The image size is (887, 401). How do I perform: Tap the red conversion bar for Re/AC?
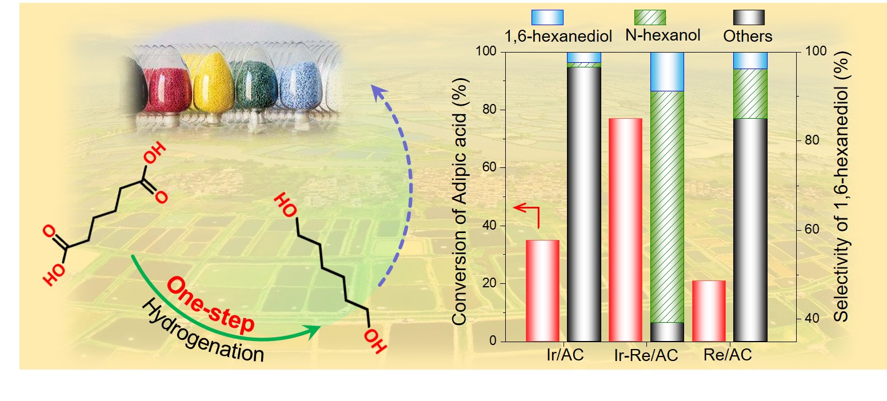tap(709, 311)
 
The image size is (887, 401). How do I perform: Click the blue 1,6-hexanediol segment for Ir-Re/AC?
tap(667, 71)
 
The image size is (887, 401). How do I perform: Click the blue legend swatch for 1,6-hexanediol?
tap(548, 17)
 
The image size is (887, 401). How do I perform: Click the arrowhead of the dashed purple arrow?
tap(377, 91)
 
